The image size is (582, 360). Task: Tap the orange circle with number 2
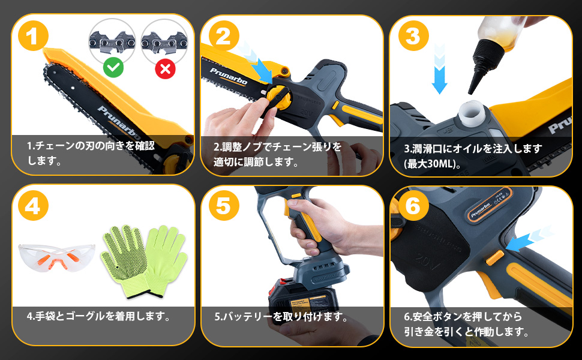(x=223, y=37)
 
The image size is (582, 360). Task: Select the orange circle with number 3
(x=412, y=37)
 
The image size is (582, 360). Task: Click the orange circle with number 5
(x=223, y=206)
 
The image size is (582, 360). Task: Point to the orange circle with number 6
(x=412, y=206)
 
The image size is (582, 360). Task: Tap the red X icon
(x=165, y=68)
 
